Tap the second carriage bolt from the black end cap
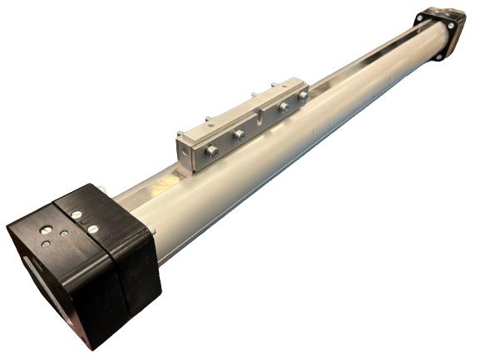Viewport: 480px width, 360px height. [238, 136]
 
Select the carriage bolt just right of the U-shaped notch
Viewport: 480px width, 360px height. [284, 107]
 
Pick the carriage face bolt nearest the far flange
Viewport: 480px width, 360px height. [304, 96]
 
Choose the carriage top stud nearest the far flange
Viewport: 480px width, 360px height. [274, 83]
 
